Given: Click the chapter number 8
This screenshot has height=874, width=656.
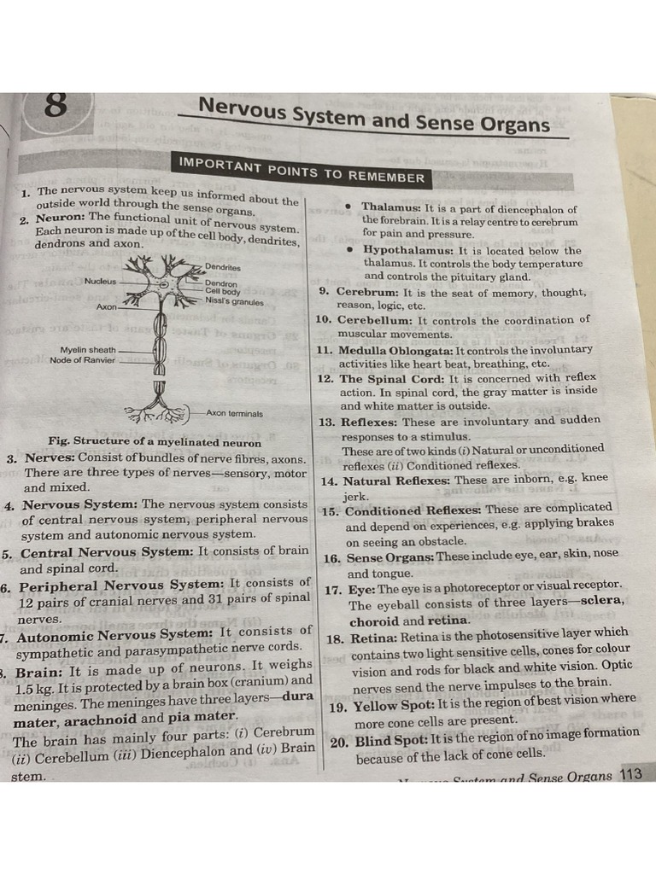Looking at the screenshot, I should [x=55, y=107].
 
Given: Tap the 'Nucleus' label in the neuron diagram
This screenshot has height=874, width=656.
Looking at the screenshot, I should [x=100, y=281].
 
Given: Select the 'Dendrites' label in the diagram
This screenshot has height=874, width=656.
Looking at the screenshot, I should [x=223, y=267].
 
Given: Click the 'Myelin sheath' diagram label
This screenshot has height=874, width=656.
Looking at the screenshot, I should [x=88, y=350].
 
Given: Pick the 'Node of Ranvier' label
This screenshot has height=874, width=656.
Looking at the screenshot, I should [x=82, y=360].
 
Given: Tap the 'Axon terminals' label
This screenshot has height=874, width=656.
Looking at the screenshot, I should [x=235, y=413].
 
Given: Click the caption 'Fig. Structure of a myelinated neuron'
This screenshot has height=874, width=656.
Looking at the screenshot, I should [x=155, y=441].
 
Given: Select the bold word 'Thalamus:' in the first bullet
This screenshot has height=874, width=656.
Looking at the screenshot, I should [x=391, y=207].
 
